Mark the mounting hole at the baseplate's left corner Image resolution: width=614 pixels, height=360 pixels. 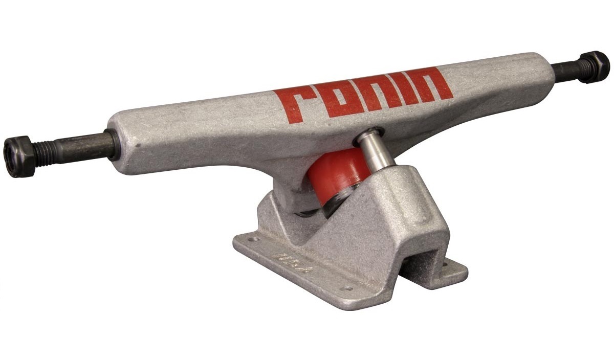pyautogui.click(x=251, y=238)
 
